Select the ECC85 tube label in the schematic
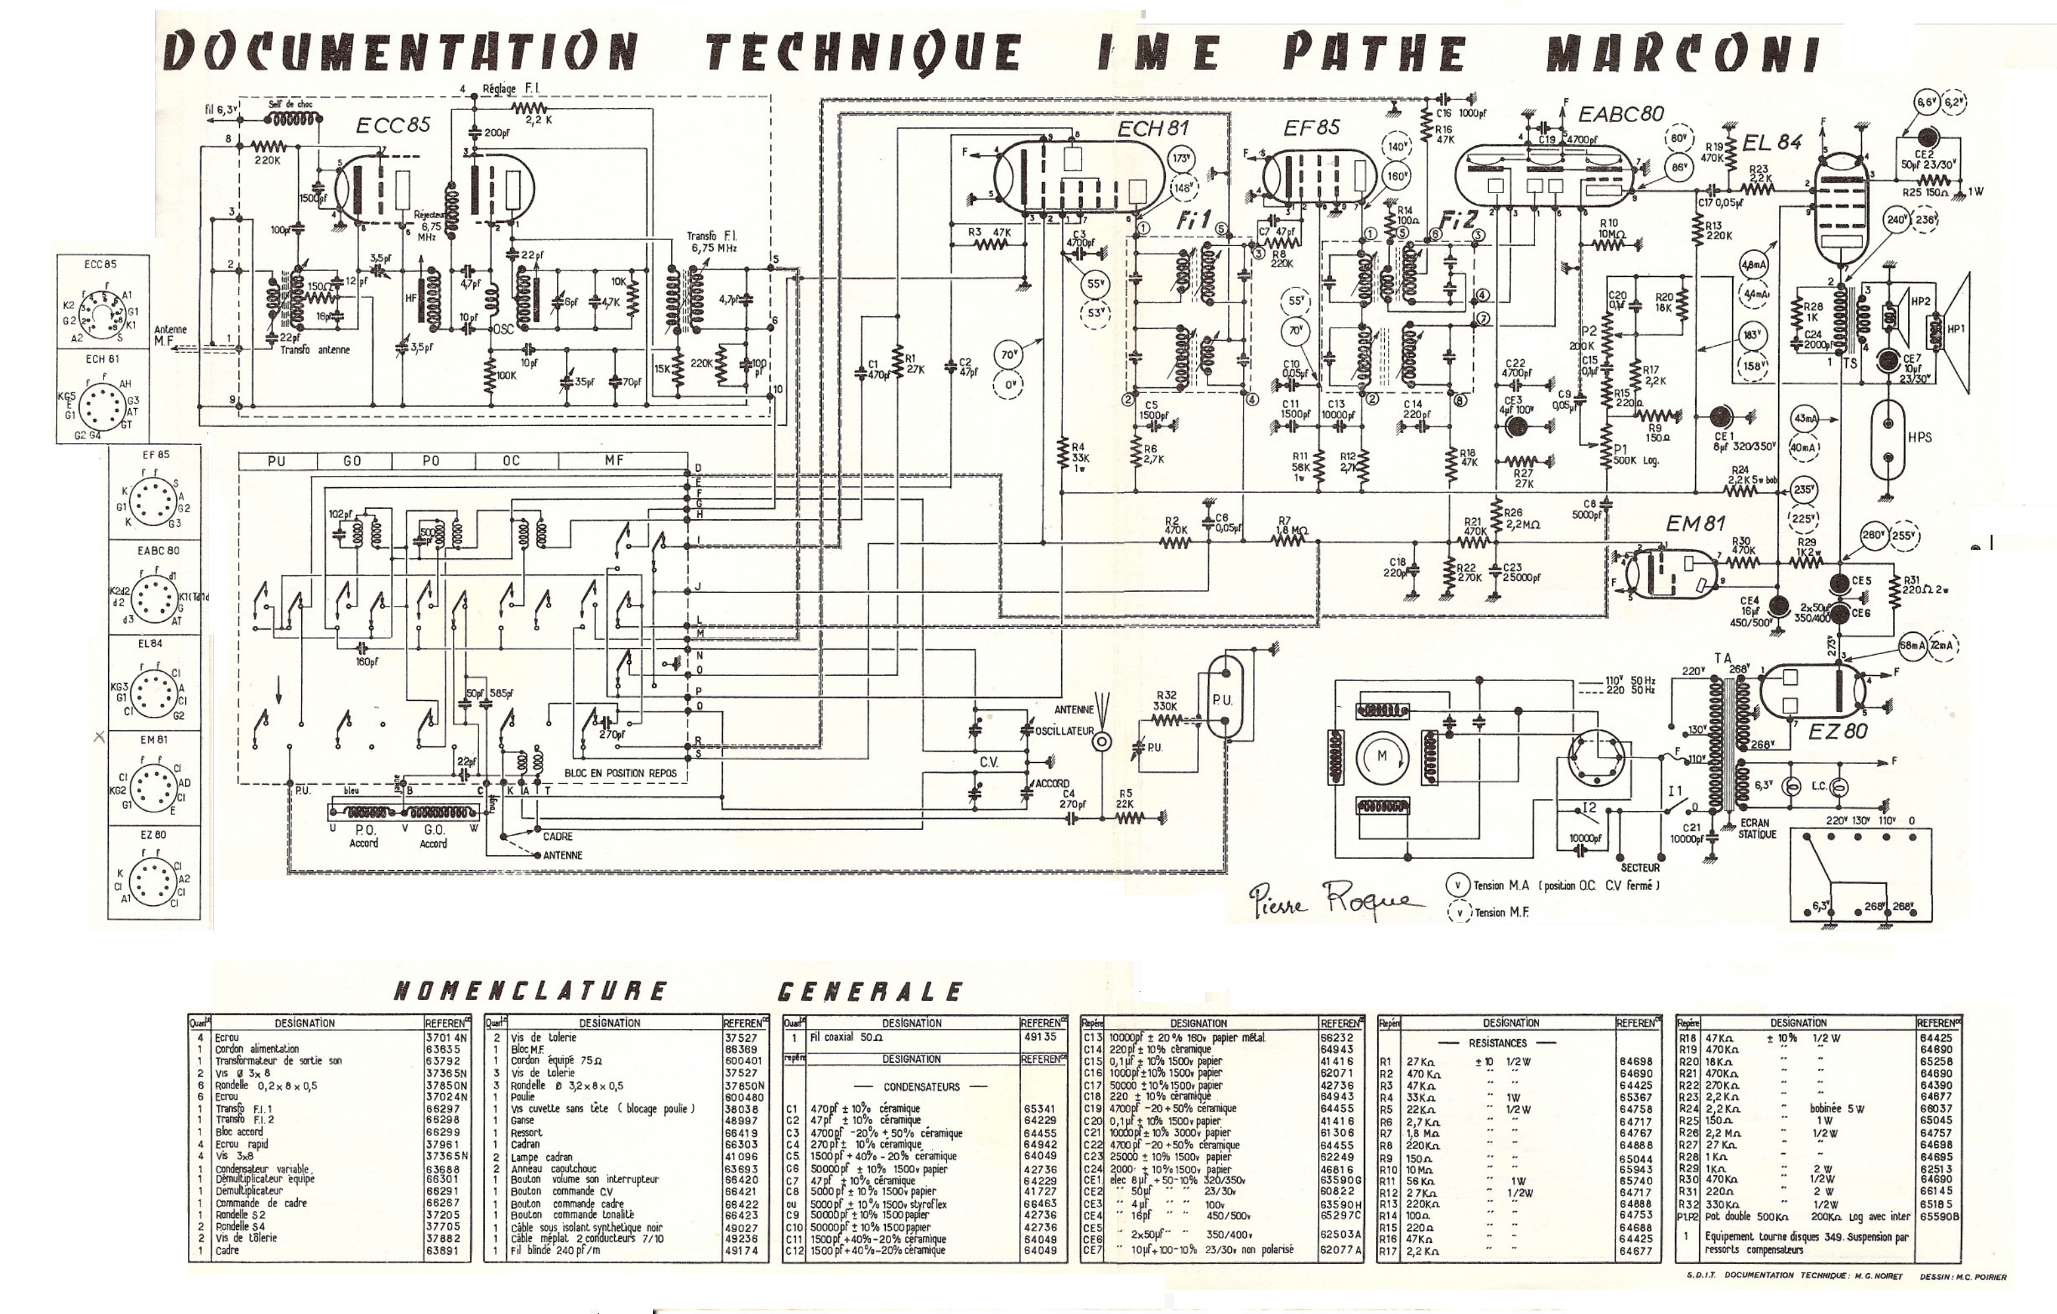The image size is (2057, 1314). (x=393, y=125)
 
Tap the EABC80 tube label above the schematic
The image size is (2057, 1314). (x=1621, y=113)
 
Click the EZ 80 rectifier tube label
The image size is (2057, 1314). (x=1838, y=731)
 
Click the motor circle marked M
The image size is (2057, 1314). (x=1381, y=756)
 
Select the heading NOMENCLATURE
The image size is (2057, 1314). (x=530, y=991)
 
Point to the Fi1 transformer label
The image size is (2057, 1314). (x=1194, y=220)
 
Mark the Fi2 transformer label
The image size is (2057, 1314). (x=1458, y=220)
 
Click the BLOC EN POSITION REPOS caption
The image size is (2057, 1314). (x=620, y=773)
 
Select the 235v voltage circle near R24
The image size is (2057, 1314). (x=1803, y=491)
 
